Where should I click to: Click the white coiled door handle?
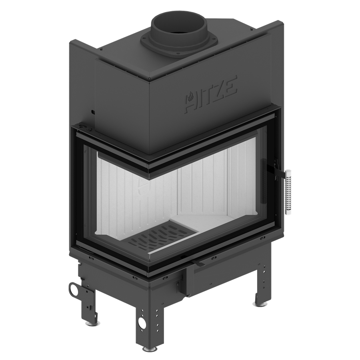click(x=288, y=192)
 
